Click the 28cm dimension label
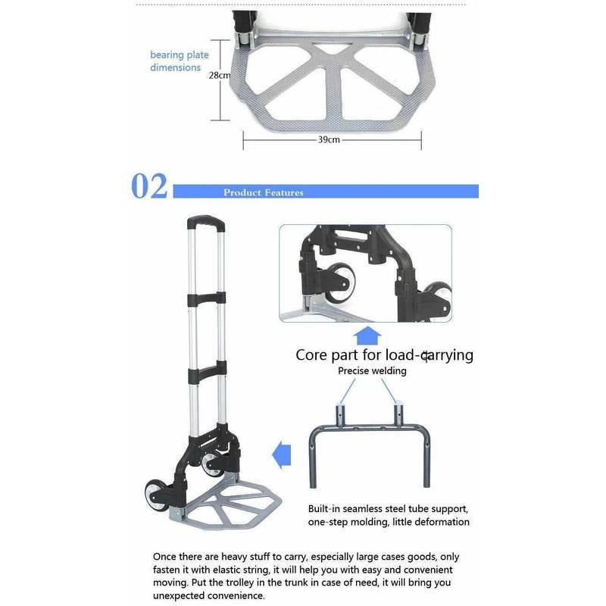pyautogui.click(x=218, y=76)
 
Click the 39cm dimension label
pyautogui.click(x=330, y=140)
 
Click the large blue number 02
pyautogui.click(x=149, y=186)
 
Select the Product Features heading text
pyautogui.click(x=263, y=192)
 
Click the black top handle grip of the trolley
pyautogui.click(x=206, y=223)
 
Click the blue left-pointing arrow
pyautogui.click(x=282, y=456)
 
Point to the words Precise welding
pyautogui.click(x=372, y=371)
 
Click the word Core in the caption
pyautogui.click(x=310, y=355)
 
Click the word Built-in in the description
pyautogui.click(x=326, y=508)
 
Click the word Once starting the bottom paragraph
pyautogui.click(x=167, y=556)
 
